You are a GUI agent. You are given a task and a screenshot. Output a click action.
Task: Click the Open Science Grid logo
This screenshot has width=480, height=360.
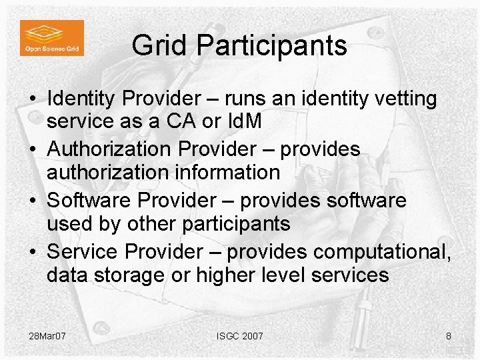point(51,37)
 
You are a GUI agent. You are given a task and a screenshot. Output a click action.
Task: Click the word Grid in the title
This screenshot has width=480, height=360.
point(154,45)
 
